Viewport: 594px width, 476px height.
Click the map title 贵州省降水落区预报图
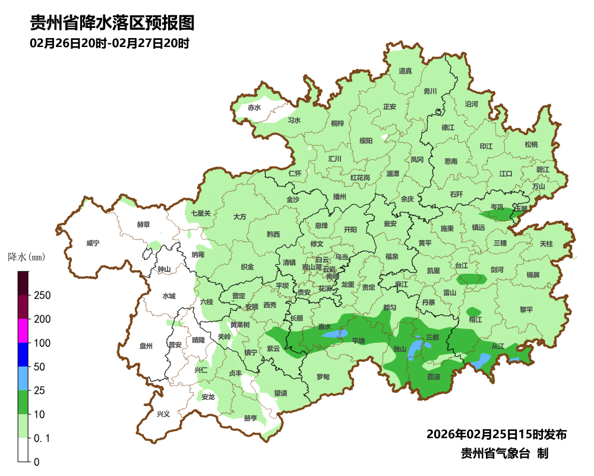(112, 23)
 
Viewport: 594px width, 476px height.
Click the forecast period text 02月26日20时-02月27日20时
(109, 43)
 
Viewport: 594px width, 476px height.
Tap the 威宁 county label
(93, 243)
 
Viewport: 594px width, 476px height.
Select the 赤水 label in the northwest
(254, 108)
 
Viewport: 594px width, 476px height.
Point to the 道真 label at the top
(405, 71)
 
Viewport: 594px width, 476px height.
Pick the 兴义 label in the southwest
(163, 414)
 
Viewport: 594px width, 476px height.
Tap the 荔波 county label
(434, 377)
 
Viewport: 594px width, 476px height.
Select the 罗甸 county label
(323, 377)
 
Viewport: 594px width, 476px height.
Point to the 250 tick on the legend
(42, 296)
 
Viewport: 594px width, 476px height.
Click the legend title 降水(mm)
(26, 258)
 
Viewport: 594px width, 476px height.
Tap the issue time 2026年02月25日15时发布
(496, 434)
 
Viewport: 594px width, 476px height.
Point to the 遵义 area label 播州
(340, 197)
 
